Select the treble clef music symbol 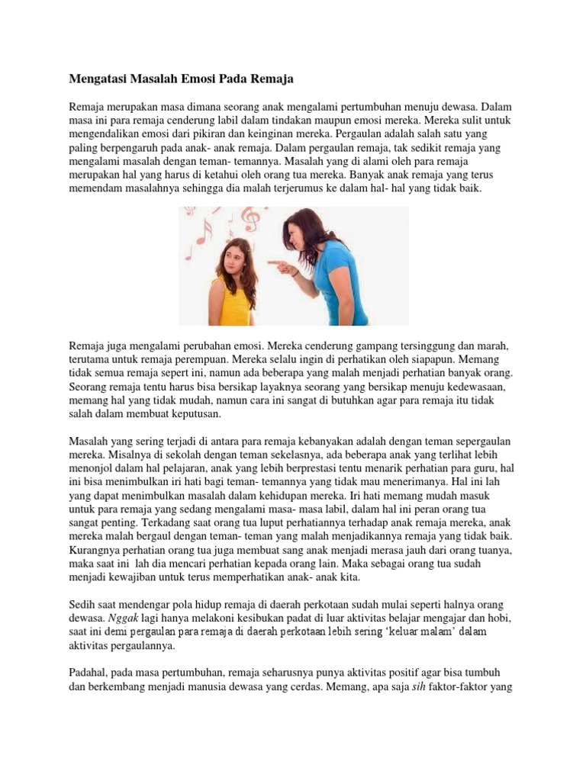249,220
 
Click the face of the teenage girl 230,256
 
